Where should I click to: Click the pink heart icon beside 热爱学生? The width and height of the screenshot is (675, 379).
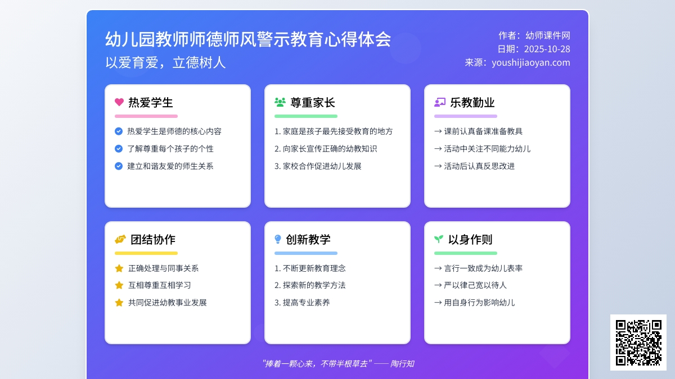coord(119,102)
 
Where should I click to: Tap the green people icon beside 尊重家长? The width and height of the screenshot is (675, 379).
coord(280,102)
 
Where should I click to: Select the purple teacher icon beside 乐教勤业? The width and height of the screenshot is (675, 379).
coord(440,102)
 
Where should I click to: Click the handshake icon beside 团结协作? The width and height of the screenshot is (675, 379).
coord(120,239)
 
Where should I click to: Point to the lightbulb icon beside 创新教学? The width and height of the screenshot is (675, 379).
coord(278,239)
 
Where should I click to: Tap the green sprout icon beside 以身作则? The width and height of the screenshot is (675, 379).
coord(439,239)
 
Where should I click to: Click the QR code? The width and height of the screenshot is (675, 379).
coord(638,343)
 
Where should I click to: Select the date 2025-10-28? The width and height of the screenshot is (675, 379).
coord(547,49)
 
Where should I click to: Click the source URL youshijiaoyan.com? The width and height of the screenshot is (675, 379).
coord(530,62)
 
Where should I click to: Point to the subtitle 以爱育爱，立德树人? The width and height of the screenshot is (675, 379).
coord(165,62)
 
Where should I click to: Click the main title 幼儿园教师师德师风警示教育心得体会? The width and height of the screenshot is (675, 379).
coord(248,39)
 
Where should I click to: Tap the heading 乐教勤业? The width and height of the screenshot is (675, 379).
coord(472,102)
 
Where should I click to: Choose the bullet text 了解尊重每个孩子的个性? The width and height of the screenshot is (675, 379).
coord(170,149)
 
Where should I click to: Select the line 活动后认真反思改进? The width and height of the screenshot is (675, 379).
coord(479,166)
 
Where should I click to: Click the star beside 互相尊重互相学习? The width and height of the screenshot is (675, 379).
coord(119,285)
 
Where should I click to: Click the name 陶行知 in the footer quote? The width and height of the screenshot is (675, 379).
coord(402,364)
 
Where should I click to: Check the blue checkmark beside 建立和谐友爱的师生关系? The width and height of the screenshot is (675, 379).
coord(119,166)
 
